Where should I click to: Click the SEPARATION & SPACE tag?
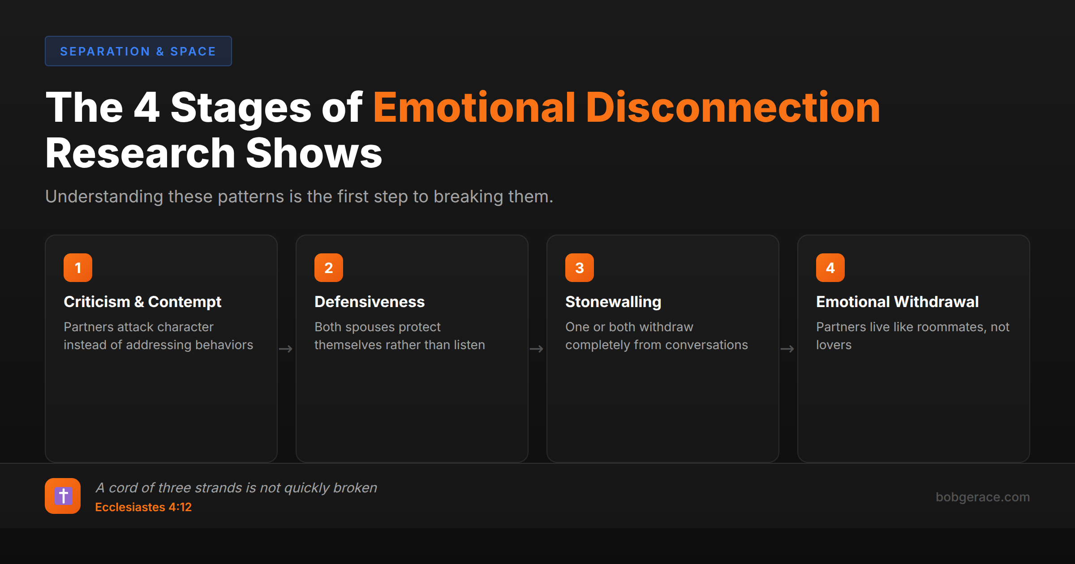138,51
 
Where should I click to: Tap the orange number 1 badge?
78,268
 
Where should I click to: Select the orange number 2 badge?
329,268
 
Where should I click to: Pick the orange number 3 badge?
580,268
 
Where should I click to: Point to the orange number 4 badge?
830,268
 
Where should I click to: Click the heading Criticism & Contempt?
142,302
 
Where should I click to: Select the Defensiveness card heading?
370,302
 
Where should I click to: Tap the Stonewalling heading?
613,302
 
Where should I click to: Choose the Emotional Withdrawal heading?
897,302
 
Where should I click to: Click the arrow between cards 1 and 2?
286,349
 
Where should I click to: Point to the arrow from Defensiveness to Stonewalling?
537,349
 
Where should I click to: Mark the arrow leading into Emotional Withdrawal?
787,349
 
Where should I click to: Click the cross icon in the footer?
63,496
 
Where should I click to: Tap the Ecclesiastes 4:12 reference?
143,507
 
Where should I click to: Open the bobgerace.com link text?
983,497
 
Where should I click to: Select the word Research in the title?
140,153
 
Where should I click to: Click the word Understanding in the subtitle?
104,197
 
